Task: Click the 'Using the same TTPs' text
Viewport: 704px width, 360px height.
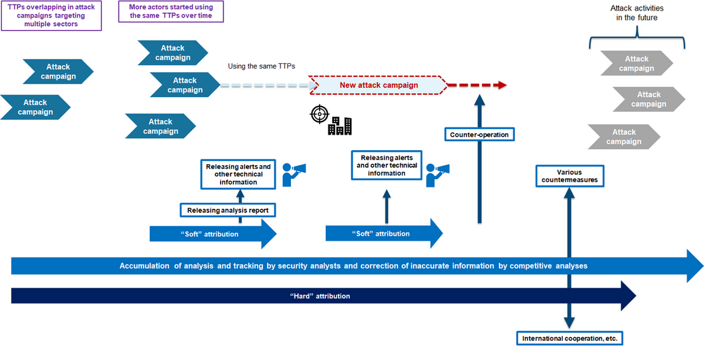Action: (x=261, y=66)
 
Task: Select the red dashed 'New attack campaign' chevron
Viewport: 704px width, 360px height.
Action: (x=378, y=85)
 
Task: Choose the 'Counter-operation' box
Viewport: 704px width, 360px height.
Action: (x=479, y=135)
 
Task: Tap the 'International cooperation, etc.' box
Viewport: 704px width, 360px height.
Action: (x=569, y=338)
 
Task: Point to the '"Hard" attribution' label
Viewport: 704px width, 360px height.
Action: (x=320, y=296)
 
